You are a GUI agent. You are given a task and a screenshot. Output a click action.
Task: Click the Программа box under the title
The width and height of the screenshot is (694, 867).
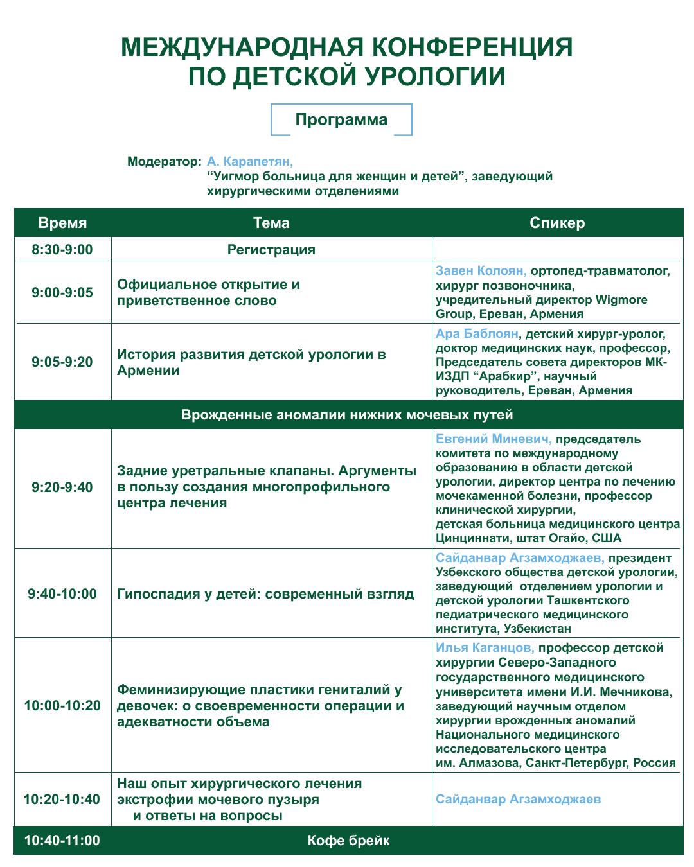pos(341,120)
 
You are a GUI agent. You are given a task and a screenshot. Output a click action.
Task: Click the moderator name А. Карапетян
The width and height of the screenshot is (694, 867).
pos(249,161)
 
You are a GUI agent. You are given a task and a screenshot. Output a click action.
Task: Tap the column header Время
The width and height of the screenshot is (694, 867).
pos(62,223)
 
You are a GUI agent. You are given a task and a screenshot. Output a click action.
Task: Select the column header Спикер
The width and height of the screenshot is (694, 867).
pos(557,223)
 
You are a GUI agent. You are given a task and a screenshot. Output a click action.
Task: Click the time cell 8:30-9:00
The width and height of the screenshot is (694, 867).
pos(62,250)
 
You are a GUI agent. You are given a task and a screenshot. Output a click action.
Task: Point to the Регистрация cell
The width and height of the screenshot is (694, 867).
pos(271,250)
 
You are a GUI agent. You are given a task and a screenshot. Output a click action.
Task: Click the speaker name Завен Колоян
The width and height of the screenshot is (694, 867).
pos(481,271)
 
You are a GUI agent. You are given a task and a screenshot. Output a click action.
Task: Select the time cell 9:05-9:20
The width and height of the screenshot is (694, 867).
pos(62,362)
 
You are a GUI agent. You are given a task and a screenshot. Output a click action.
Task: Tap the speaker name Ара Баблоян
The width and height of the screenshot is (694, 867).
pos(477,334)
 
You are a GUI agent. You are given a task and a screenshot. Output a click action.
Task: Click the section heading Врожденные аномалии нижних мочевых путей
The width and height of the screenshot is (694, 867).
pos(347,415)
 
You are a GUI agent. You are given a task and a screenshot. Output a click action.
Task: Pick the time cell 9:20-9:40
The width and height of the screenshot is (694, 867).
pos(62,487)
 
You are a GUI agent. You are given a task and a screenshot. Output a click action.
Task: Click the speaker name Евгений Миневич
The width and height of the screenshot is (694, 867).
pos(493,439)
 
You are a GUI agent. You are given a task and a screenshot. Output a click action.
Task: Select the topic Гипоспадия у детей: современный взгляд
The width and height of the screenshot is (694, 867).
pos(265,594)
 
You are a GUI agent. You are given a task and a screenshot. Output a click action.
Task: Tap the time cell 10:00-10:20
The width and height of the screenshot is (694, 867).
pos(62,706)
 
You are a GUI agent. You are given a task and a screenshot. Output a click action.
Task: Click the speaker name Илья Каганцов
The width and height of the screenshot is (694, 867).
pos(485,648)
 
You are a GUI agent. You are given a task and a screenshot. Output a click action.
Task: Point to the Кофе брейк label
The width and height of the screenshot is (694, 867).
pos(348,841)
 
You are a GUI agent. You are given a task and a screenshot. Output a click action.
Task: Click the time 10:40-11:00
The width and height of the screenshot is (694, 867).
pos(62,841)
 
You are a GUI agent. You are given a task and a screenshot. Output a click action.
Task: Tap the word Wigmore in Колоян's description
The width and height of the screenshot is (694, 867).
pos(621,300)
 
